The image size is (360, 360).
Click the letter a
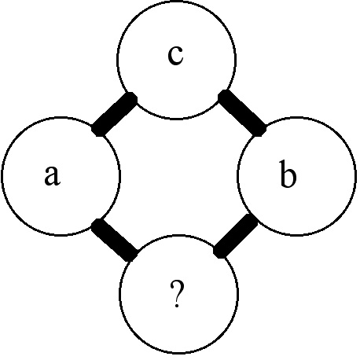[53, 175]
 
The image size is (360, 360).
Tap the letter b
[288, 174]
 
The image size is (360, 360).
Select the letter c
[175, 55]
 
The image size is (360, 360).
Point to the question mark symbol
[177, 293]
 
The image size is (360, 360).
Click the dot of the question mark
[177, 305]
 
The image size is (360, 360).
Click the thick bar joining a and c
[114, 114]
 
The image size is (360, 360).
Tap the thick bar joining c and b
[242, 113]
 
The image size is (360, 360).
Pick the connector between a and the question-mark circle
[114, 240]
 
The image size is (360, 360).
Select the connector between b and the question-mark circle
[236, 236]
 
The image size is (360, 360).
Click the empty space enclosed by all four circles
[178, 177]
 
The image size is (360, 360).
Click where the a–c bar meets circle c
[130, 99]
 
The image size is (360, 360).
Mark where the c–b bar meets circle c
[225, 97]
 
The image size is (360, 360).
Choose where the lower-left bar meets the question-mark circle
[130, 255]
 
